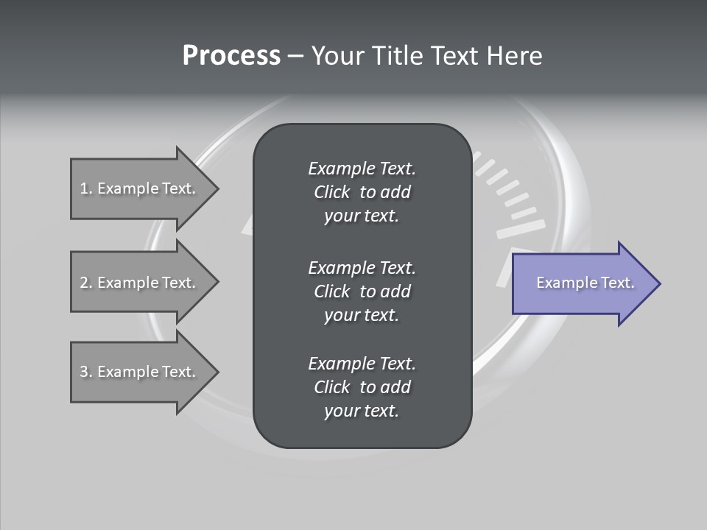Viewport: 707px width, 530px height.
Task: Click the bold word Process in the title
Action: [x=231, y=56]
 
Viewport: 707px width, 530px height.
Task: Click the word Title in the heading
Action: [x=395, y=56]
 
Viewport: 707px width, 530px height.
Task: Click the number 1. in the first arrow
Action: [x=85, y=188]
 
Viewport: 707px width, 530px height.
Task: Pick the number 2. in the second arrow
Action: [x=85, y=283]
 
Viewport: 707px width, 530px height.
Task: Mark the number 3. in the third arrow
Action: [x=85, y=372]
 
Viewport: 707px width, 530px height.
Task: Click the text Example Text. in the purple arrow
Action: [x=585, y=283]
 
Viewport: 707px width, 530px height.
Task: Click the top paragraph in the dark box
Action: [x=362, y=192]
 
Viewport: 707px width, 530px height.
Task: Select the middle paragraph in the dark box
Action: [x=362, y=291]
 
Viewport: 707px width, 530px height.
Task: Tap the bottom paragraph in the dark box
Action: [x=362, y=387]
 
